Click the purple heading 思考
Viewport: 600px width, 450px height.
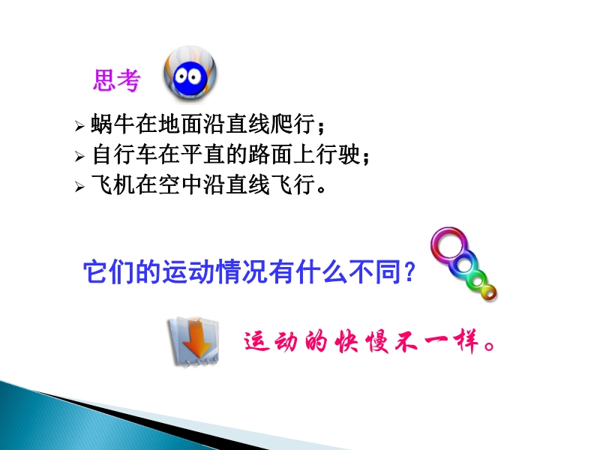(117, 80)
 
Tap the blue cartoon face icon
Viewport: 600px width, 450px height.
(190, 73)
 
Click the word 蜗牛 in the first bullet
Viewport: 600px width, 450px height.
(112, 124)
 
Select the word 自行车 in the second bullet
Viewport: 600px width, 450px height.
(124, 154)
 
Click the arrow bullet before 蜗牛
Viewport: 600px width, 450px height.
(79, 126)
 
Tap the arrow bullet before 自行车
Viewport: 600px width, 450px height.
(79, 156)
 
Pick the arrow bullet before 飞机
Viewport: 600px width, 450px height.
(79, 187)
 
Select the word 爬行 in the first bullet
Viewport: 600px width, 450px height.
(292, 124)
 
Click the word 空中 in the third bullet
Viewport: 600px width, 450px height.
(180, 184)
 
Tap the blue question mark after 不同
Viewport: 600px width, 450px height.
(409, 271)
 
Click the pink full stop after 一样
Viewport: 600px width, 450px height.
(490, 346)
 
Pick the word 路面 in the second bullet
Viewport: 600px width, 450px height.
(270, 154)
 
